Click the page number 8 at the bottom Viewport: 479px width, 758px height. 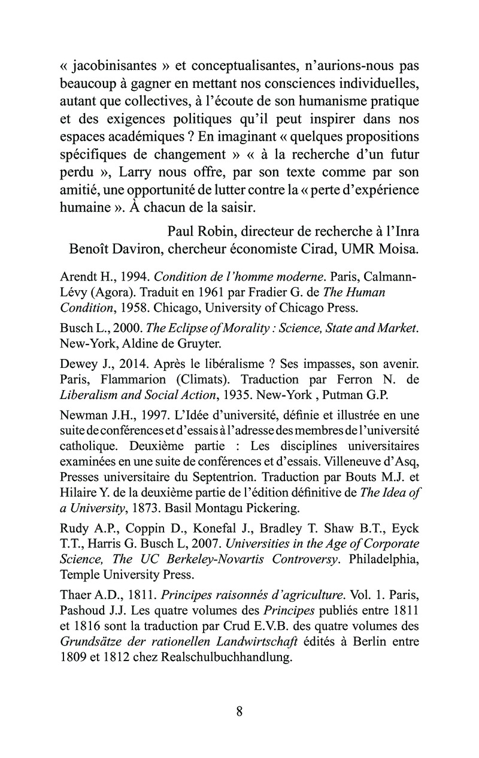pyautogui.click(x=239, y=711)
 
